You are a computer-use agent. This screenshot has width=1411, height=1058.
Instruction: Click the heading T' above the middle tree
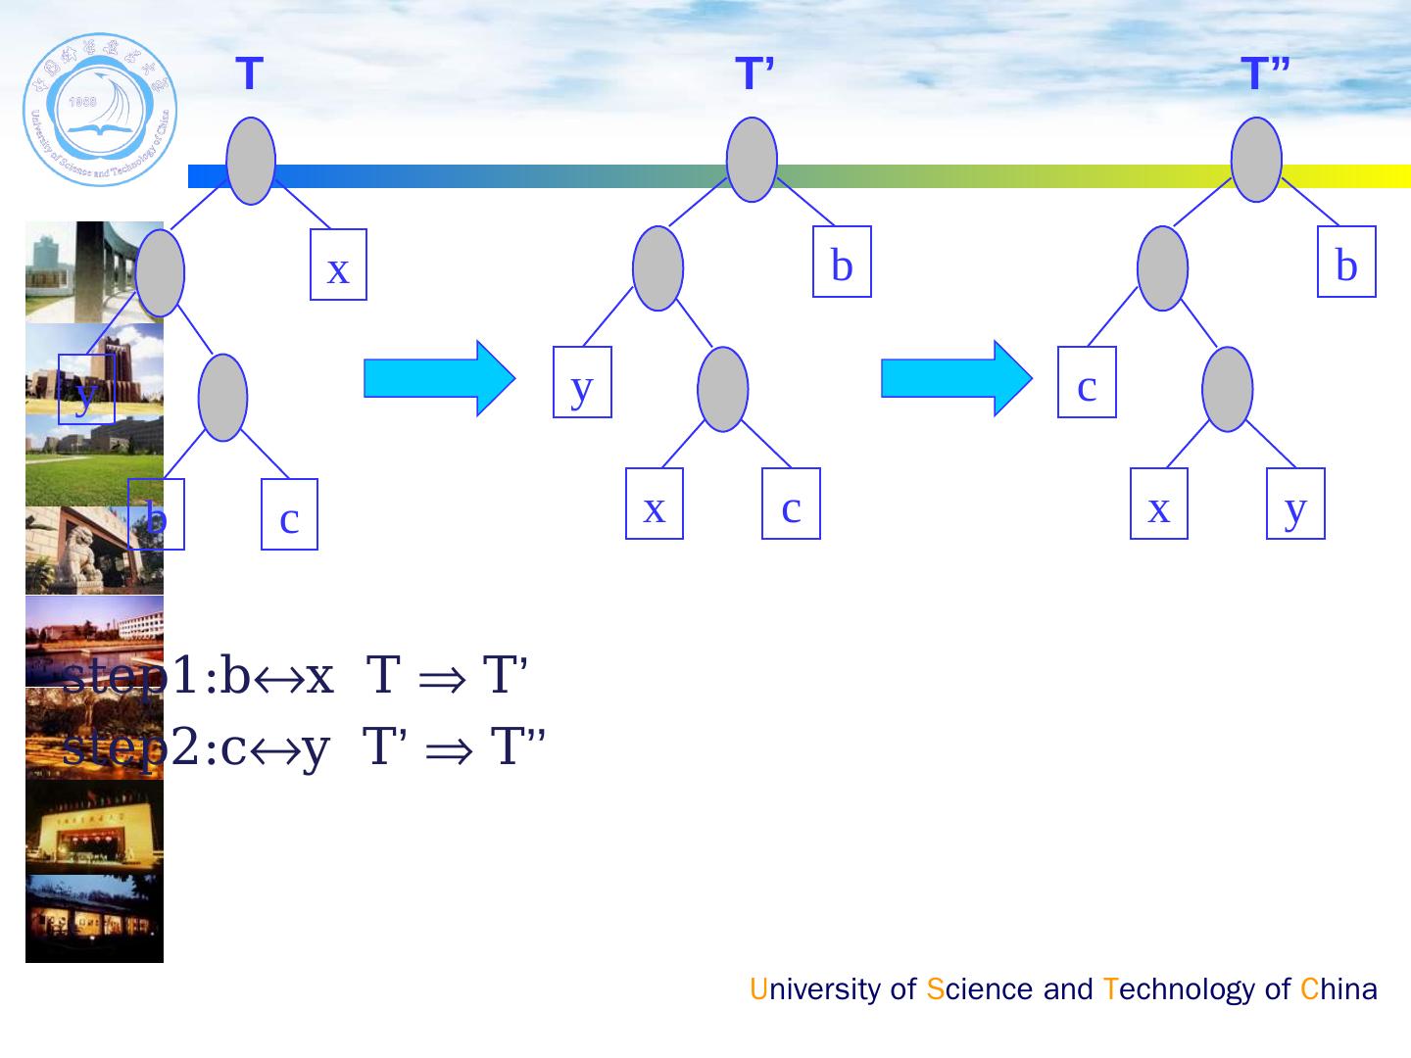754,74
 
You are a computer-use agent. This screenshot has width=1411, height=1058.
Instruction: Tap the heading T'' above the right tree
1264,74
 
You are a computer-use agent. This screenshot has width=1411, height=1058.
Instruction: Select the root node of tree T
251,161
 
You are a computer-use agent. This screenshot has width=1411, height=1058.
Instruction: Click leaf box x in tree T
338,264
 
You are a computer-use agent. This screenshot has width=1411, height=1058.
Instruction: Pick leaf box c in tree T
289,514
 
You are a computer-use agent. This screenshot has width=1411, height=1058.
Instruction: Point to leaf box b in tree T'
842,262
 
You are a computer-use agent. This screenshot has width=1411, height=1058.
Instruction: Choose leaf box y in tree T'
582,382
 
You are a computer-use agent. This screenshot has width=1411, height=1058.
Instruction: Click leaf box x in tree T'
655,504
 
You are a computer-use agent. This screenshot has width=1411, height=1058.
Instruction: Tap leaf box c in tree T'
791,504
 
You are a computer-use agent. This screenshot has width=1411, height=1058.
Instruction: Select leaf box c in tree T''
1087,382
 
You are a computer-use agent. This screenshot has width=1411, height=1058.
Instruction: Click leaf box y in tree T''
1295,504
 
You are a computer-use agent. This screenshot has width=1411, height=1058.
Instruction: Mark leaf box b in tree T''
1346,262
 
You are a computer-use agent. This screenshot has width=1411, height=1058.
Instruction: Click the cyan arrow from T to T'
438,378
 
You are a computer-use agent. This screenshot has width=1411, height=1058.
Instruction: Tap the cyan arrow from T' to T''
956,378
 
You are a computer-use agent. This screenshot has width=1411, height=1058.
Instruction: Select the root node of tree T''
1256,160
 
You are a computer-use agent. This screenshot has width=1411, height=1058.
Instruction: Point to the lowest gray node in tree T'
723,389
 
